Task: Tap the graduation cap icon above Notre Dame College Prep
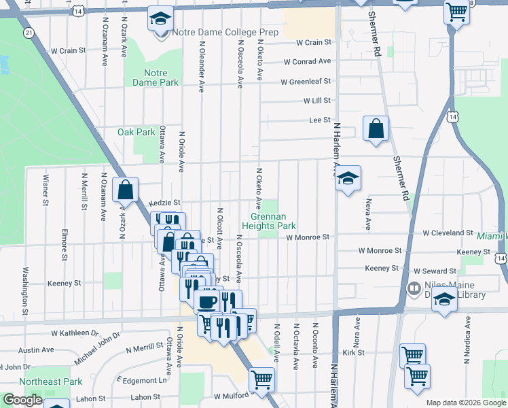click(x=161, y=18)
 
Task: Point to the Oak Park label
click(x=136, y=132)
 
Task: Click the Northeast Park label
click(x=51, y=381)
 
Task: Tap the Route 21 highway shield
click(x=28, y=33)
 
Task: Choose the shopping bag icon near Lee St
click(x=376, y=129)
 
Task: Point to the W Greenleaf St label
click(x=307, y=82)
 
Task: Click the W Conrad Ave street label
click(x=307, y=62)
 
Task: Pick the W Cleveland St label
click(x=448, y=233)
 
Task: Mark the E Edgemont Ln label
click(x=141, y=380)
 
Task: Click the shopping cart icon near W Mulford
click(x=261, y=379)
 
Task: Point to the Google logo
click(x=22, y=400)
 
